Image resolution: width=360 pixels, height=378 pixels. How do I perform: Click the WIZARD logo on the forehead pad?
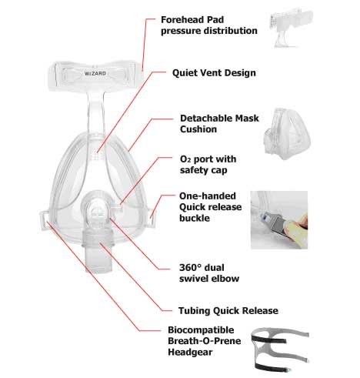[x=95, y=73]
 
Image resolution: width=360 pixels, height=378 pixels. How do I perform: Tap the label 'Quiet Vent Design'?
[x=214, y=73]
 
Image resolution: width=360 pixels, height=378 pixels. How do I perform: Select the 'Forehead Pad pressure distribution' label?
[x=209, y=25]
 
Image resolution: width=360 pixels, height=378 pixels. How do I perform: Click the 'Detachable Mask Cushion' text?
[x=219, y=124]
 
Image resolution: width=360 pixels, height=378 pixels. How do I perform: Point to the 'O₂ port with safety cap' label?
[x=208, y=165]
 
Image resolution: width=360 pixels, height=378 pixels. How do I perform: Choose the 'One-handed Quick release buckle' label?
[x=210, y=207]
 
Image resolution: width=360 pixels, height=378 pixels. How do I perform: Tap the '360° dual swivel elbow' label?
[x=209, y=273]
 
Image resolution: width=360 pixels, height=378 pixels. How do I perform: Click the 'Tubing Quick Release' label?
[x=228, y=311]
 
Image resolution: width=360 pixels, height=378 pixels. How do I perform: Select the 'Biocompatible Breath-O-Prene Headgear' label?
[x=205, y=341]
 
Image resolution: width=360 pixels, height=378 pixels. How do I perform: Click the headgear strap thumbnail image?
[x=280, y=349]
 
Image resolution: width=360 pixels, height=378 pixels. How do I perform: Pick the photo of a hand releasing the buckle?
[x=279, y=220]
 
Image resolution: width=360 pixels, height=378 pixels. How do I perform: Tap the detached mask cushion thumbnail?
[x=288, y=134]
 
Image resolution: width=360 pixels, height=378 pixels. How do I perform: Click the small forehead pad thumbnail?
[x=291, y=28]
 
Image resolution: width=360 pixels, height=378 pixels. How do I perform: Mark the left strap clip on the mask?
[x=44, y=220]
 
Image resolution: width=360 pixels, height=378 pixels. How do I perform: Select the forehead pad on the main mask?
[x=95, y=75]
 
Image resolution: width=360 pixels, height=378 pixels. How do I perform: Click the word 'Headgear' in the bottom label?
[x=190, y=352]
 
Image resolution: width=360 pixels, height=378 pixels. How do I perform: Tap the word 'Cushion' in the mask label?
[x=198, y=129]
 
